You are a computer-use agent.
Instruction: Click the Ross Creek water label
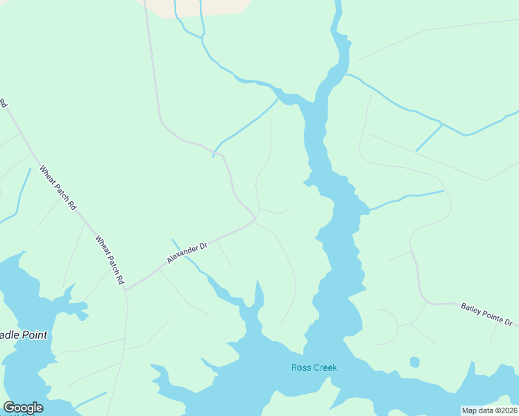(314, 367)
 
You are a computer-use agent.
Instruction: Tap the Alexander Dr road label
(187, 253)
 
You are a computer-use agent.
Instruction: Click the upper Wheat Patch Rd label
(58, 187)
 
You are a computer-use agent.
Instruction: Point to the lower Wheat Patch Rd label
(110, 260)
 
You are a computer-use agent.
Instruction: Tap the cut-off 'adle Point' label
(24, 336)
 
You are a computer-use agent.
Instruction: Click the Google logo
(23, 408)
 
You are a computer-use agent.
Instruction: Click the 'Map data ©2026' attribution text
(489, 410)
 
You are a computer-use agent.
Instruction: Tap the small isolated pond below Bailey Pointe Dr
(414, 362)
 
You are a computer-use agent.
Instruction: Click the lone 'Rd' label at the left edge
(3, 104)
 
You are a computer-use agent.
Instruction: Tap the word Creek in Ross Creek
(324, 367)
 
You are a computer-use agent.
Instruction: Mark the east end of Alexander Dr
(255, 221)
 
